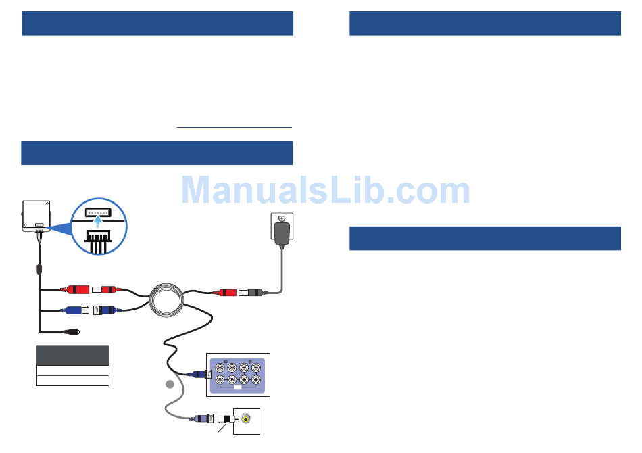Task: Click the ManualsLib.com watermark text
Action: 326,191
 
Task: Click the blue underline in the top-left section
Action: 234,127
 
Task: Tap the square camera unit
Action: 36,215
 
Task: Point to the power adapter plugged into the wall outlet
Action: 282,231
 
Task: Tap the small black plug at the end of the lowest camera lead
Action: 72,331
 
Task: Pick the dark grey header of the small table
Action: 72,356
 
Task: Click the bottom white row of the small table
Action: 72,381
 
